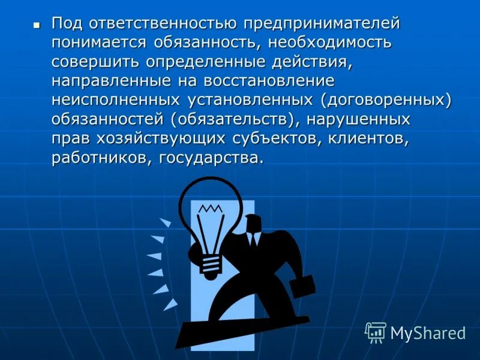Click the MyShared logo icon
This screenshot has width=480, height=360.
click(376, 332)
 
